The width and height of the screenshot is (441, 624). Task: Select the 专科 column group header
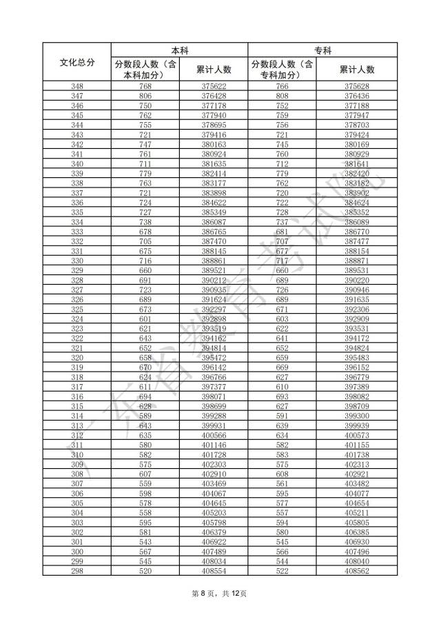[322, 50]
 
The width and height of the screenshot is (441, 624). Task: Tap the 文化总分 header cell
[76, 62]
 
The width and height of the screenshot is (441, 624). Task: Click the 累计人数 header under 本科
[214, 69]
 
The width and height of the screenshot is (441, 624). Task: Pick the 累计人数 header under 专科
[357, 69]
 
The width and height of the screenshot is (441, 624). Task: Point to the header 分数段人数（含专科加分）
[282, 69]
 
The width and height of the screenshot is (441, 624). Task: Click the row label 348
[76, 86]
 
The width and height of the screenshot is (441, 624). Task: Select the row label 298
[76, 570]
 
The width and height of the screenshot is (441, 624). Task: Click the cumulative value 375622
[214, 86]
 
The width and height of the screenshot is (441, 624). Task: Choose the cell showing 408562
[357, 570]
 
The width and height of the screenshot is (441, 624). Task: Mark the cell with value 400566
[214, 435]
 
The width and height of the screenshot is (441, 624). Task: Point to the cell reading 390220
[357, 280]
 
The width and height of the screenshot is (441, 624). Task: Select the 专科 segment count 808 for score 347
[282, 96]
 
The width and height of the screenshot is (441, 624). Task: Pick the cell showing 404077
[357, 493]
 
